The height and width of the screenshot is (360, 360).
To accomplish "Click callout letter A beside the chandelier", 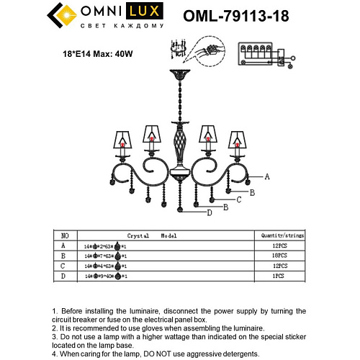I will [267, 176].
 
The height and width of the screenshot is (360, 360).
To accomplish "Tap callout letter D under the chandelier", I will [210, 212].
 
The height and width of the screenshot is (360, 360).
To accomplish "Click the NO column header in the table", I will [65, 235].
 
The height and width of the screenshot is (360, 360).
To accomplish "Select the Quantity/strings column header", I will [279, 235].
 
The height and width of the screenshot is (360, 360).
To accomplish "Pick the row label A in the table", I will [65, 246].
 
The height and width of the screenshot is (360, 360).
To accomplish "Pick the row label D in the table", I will [65, 276].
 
